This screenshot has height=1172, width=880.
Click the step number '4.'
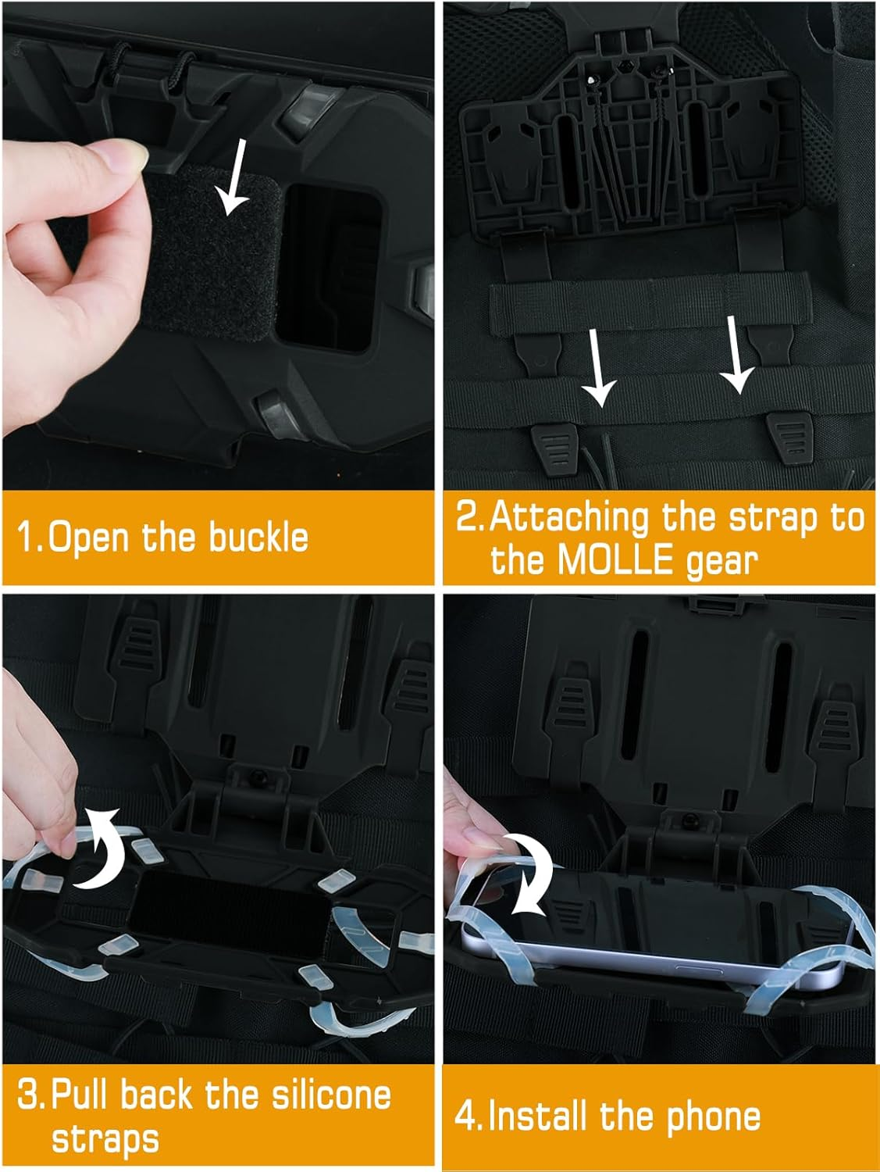click(x=469, y=1116)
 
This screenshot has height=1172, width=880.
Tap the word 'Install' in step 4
click(x=539, y=1116)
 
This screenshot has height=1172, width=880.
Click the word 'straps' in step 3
click(x=105, y=1138)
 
